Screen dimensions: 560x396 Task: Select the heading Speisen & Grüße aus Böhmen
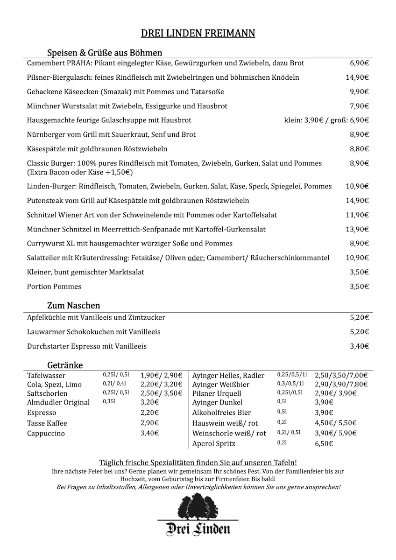pos(105,53)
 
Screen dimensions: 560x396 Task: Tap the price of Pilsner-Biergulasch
pos(357,77)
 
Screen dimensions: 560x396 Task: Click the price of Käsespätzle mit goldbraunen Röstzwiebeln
pos(359,149)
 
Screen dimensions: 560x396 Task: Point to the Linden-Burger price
pos(357,186)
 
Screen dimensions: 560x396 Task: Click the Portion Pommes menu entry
pos(54,287)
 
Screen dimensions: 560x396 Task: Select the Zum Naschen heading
pos(74,306)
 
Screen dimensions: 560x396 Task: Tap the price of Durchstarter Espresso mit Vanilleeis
pos(359,346)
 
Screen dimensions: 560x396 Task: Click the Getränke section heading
pos(65,365)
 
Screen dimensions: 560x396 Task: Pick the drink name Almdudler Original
pos(58,402)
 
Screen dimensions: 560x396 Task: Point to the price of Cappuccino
pos(149,434)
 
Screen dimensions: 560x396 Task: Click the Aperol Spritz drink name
pos(214,444)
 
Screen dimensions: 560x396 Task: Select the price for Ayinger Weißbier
pos(341,385)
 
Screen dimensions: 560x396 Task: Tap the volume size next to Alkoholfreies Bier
pos(282,412)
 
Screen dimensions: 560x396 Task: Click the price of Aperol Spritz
pos(324,444)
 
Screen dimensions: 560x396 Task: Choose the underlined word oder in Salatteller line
pos(196,258)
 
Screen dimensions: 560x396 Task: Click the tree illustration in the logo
pos(198,506)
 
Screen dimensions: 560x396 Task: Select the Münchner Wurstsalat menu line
pos(127,106)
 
